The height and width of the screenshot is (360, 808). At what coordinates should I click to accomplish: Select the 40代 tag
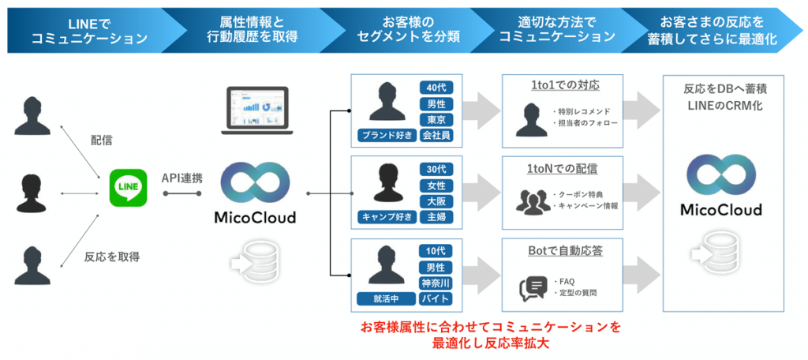coord(436,88)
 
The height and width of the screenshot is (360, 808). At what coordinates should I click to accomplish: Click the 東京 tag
coord(436,119)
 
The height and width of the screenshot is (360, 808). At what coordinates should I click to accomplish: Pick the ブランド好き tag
coord(386,135)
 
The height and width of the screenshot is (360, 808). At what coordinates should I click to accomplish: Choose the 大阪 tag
coord(436,201)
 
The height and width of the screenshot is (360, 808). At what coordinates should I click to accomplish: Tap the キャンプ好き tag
coord(386,216)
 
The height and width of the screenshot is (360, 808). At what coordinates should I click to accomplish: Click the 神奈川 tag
coord(436,283)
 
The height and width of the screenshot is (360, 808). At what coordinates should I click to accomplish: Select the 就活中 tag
coord(386,298)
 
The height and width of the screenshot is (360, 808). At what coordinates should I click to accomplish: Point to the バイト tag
coord(436,298)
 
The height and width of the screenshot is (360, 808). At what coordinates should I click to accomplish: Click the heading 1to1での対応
coord(562,85)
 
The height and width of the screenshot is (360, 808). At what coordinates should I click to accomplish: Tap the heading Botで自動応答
coord(562,250)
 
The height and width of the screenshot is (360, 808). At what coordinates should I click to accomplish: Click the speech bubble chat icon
coord(533,287)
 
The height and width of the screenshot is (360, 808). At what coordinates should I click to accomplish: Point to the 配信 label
coord(102,141)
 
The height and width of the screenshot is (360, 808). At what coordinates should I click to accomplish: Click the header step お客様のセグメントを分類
coord(403,29)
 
